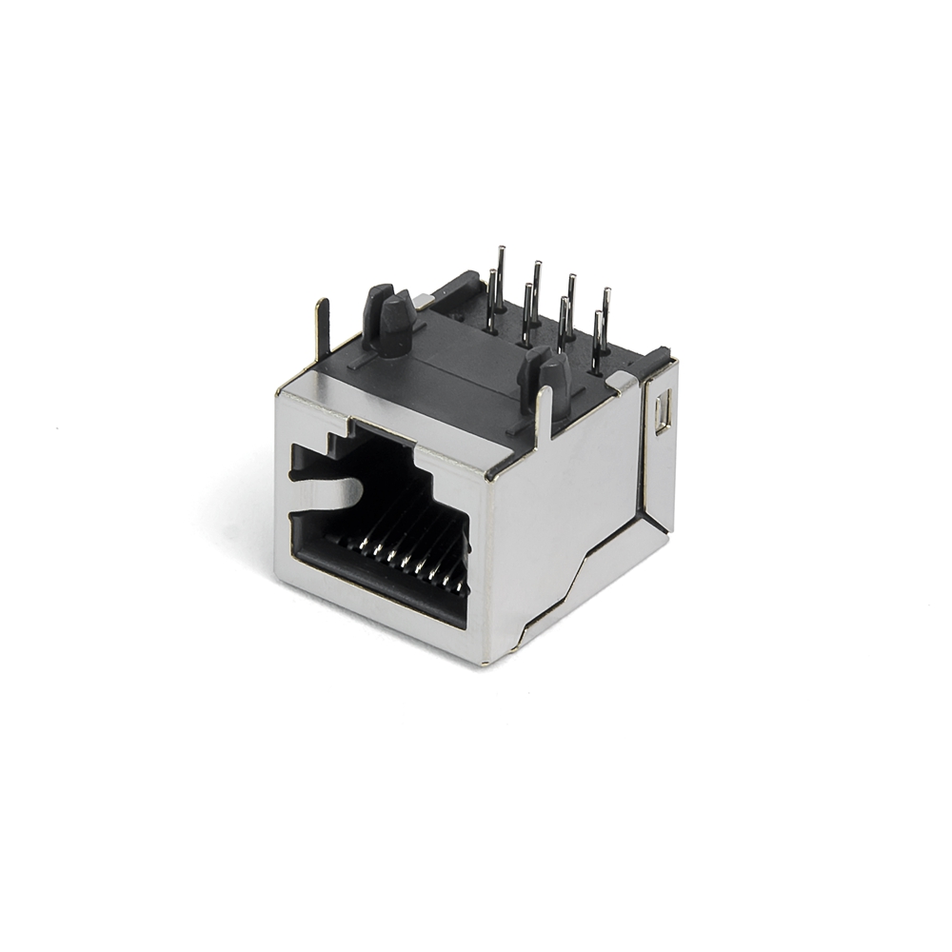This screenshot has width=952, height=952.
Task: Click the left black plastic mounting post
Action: [391, 319]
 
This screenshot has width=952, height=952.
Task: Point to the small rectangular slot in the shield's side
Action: [663, 412]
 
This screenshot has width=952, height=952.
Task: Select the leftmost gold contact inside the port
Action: [362, 545]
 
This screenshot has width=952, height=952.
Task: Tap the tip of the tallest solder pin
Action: [501, 250]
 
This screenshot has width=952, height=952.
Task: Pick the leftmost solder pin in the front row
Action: [492, 300]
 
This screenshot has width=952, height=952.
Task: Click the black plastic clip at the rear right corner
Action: [657, 363]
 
